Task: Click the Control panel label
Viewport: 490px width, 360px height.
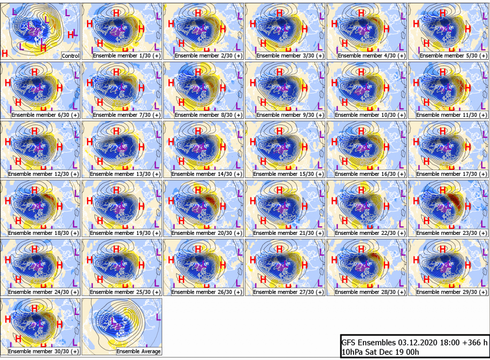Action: click(71, 56)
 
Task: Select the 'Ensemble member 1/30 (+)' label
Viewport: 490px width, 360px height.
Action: click(127, 56)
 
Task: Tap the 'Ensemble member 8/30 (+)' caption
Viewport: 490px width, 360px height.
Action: click(209, 115)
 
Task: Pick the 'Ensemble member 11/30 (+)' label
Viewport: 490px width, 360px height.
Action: click(452, 115)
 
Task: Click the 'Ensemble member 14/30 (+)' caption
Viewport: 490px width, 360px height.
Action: click(207, 174)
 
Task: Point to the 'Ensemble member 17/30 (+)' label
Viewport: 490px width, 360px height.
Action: click(452, 174)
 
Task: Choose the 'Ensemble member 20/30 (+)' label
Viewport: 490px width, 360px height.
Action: click(207, 233)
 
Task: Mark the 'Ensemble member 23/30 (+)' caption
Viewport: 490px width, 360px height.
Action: click(452, 233)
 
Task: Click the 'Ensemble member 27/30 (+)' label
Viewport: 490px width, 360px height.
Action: click(288, 292)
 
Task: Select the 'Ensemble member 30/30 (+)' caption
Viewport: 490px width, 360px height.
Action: click(43, 351)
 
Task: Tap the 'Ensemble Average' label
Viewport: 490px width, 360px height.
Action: click(139, 351)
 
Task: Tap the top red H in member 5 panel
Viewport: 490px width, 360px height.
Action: click(443, 13)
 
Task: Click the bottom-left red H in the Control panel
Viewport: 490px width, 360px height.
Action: click(5, 54)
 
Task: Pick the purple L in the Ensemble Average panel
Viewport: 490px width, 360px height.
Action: click(158, 318)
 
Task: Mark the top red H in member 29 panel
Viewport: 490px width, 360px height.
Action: click(443, 249)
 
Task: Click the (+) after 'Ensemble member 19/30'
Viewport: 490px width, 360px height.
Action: click(157, 233)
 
